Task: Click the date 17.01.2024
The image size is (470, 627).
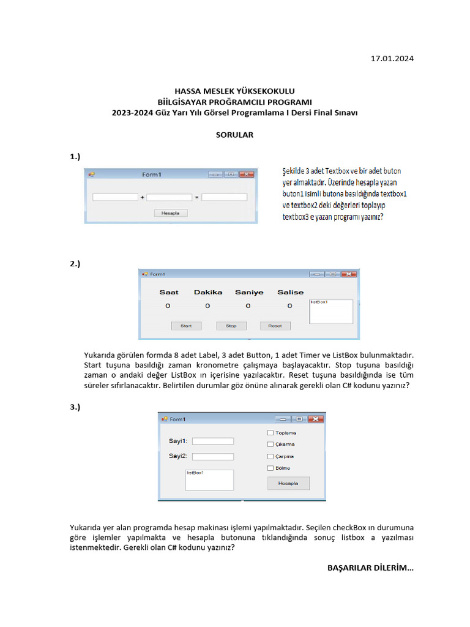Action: [392, 59]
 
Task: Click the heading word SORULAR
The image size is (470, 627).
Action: [234, 135]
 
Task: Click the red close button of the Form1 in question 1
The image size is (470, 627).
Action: [247, 175]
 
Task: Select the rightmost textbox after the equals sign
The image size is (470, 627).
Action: [224, 197]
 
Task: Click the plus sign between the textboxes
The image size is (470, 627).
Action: [142, 198]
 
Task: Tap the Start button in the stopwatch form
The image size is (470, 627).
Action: [186, 326]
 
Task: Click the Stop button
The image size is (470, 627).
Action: [231, 326]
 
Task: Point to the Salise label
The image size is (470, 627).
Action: [290, 292]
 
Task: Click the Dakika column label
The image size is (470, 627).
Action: [208, 292]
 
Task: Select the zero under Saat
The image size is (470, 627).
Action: [168, 306]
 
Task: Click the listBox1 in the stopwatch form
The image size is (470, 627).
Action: [331, 312]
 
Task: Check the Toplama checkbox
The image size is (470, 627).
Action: [270, 433]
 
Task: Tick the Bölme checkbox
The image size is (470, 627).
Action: [270, 468]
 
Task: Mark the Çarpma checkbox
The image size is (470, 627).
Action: [270, 456]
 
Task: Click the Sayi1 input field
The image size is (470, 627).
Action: [212, 441]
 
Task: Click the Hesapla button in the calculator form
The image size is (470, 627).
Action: [288, 483]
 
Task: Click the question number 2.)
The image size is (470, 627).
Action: [75, 263]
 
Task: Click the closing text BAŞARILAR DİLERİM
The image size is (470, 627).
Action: [370, 568]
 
